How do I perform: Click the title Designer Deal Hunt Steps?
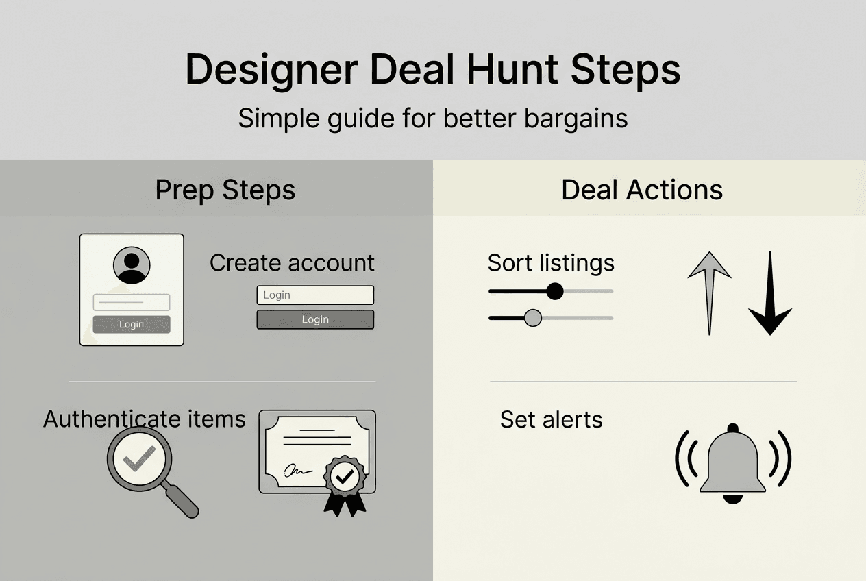(x=432, y=70)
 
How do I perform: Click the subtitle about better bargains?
(x=432, y=119)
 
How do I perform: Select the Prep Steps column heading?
(x=225, y=190)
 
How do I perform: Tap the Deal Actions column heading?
(x=642, y=190)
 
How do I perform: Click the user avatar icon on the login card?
(x=131, y=265)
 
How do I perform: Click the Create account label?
(x=292, y=262)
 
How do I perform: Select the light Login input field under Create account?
(x=315, y=295)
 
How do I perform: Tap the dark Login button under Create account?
(x=315, y=319)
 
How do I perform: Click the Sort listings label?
(x=551, y=262)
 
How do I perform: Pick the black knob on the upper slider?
(x=555, y=291)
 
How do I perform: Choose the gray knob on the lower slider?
(x=532, y=318)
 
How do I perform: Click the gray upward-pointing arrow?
(x=709, y=291)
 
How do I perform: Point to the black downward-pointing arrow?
(x=770, y=295)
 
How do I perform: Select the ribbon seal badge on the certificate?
(x=345, y=483)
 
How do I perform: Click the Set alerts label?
(x=551, y=419)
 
